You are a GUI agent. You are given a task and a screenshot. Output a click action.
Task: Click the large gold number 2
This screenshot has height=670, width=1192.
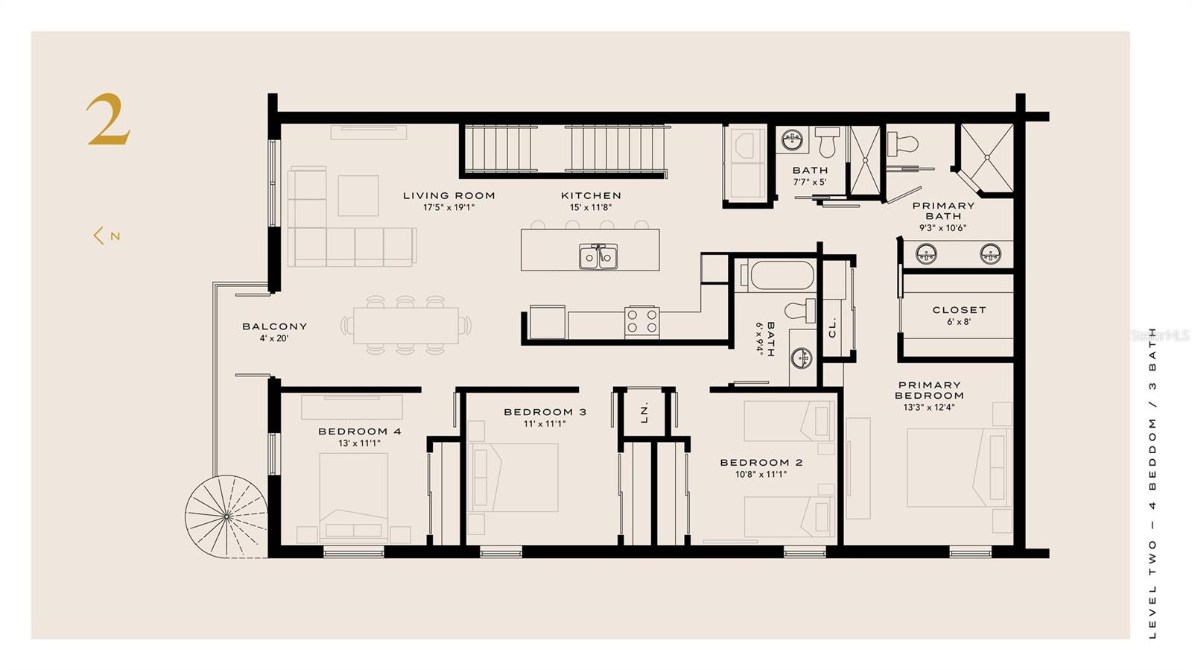click(108, 119)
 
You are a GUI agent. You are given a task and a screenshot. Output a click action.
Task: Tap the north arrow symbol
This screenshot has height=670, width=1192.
click(107, 236)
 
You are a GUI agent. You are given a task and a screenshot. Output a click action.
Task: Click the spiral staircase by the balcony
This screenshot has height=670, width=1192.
click(226, 516)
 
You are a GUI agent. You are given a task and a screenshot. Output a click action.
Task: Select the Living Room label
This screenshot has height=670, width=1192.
click(448, 196)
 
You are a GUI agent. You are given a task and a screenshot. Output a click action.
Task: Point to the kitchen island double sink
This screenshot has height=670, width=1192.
click(598, 256)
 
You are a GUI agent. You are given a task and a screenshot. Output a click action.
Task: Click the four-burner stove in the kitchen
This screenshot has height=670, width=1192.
click(641, 321)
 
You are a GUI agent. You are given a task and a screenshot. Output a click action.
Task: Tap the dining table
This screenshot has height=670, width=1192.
click(405, 326)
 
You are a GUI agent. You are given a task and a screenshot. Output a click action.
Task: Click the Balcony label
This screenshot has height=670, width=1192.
click(275, 326)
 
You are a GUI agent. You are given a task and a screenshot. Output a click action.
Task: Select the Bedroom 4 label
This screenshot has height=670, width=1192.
click(359, 431)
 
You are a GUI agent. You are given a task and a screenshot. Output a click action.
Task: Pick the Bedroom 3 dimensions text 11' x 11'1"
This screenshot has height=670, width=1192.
click(545, 424)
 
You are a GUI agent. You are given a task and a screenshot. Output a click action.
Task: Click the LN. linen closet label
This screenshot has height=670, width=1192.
click(644, 411)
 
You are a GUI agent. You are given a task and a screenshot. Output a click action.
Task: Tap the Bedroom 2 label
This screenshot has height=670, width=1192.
click(761, 463)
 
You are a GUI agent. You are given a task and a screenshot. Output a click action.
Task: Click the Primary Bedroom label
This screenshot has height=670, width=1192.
click(929, 390)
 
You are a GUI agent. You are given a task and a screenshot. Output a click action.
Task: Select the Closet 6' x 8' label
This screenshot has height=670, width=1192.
click(959, 315)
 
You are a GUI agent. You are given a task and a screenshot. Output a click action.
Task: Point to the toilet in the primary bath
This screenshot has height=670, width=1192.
click(903, 144)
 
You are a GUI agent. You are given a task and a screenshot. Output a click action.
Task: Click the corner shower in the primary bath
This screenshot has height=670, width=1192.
click(987, 158)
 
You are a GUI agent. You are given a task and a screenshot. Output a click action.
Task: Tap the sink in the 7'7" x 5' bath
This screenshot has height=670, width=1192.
click(793, 139)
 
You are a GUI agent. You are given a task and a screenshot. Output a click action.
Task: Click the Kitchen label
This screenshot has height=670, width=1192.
click(592, 196)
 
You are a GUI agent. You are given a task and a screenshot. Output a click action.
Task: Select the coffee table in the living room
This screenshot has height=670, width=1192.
click(358, 195)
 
